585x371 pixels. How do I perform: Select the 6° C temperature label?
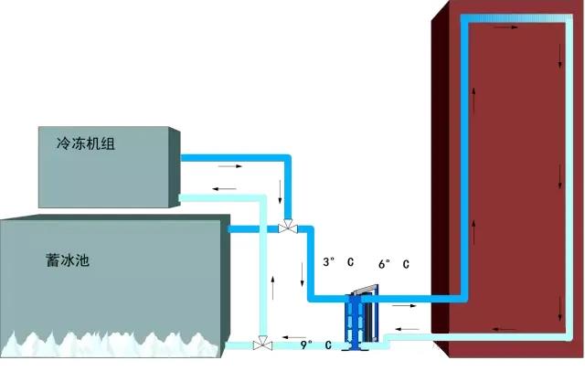tap(393, 264)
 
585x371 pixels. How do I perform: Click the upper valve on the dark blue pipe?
tap(288, 225)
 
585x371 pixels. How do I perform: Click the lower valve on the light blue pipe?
tap(264, 344)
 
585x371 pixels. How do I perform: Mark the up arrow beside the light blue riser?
tap(271, 275)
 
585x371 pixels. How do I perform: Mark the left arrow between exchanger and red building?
tap(408, 327)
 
